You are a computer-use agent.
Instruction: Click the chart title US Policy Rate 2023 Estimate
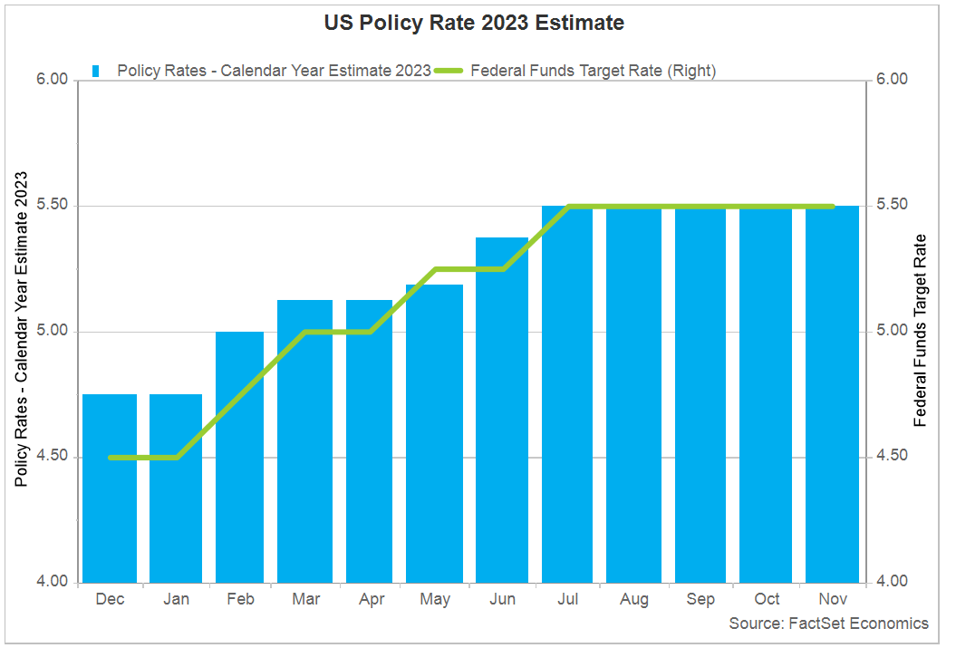(474, 24)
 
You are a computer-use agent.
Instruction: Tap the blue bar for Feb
(239, 457)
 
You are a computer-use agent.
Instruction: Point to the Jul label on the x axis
(567, 599)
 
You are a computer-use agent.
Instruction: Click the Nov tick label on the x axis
(832, 599)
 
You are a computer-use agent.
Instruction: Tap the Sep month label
(700, 599)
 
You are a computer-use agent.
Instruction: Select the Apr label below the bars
(372, 599)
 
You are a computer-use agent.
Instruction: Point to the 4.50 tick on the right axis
(892, 457)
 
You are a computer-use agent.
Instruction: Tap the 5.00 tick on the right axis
(892, 332)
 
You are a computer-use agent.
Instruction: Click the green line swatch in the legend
(449, 72)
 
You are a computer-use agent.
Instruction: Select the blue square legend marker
(95, 72)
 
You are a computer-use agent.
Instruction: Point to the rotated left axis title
(23, 329)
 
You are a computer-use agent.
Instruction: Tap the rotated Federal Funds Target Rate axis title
(922, 331)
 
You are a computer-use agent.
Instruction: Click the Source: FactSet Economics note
(828, 624)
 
